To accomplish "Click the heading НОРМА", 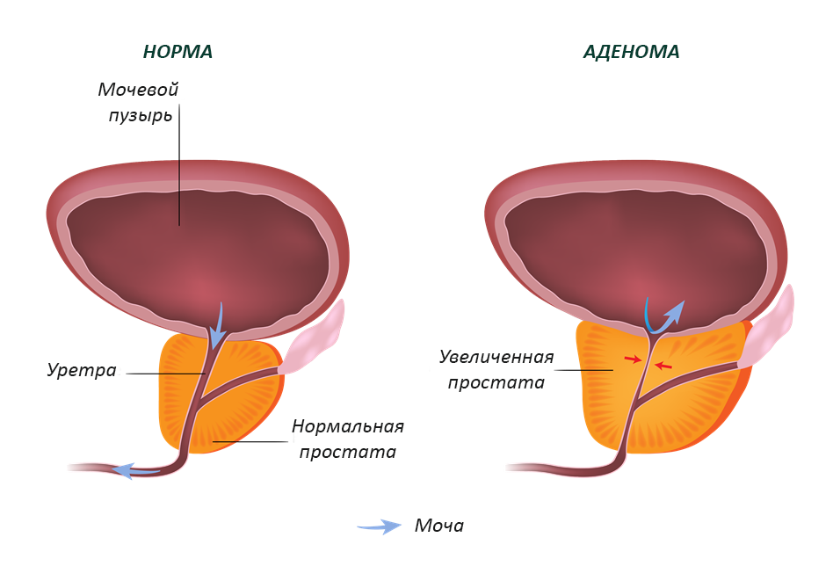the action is pos(177,52).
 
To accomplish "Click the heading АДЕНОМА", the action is pos(631,52).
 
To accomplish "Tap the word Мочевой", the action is pos(139,90).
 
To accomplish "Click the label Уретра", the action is pos(82,370).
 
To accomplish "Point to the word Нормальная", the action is pos(348,426).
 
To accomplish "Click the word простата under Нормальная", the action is pos(348,453).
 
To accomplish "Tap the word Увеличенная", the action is pos(496,356).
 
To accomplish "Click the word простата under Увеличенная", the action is pos(496,382).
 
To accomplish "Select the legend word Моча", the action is pos(439,526).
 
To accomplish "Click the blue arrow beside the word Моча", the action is pos(380,526).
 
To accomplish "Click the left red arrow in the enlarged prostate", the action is pos(633,359).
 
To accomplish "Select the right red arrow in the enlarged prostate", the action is pos(664,365).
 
